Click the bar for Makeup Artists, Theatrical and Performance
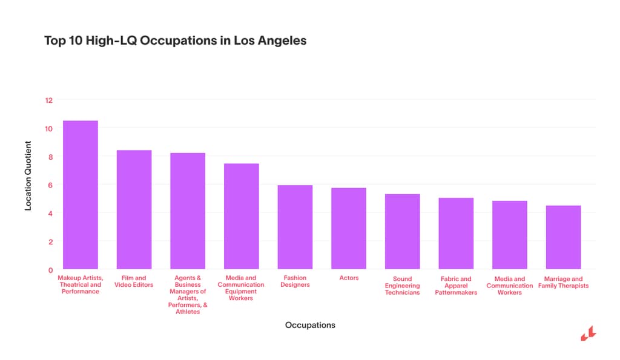point(81,195)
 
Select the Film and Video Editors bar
point(134,209)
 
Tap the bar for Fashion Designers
point(295,227)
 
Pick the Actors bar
point(349,228)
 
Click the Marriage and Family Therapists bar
point(563,237)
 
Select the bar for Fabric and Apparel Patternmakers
point(456,233)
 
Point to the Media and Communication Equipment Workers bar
point(241,216)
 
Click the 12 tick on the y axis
point(49,100)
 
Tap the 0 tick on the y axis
point(51,270)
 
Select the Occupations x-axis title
point(310,325)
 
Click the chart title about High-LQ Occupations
point(176,41)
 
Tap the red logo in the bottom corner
point(588,334)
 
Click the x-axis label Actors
point(349,278)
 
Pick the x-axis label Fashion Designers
point(295,281)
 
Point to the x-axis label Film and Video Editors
point(134,281)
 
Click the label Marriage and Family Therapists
point(563,282)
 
